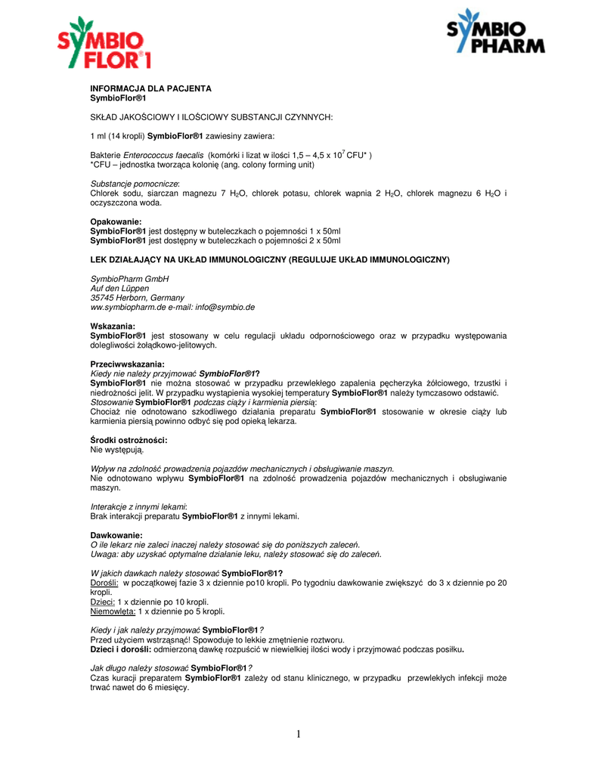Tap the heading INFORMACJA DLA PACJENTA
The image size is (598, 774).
coord(150,88)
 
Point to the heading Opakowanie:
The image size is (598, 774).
coord(116,221)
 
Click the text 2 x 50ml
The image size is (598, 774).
coord(323,240)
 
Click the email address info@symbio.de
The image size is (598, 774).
coord(225,308)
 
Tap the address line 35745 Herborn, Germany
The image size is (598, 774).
coord(137,298)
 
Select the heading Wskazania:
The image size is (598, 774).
coord(113,327)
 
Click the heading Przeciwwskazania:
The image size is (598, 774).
coord(127,364)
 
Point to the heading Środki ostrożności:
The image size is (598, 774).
coord(129,440)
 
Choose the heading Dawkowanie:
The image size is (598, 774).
coord(116,535)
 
